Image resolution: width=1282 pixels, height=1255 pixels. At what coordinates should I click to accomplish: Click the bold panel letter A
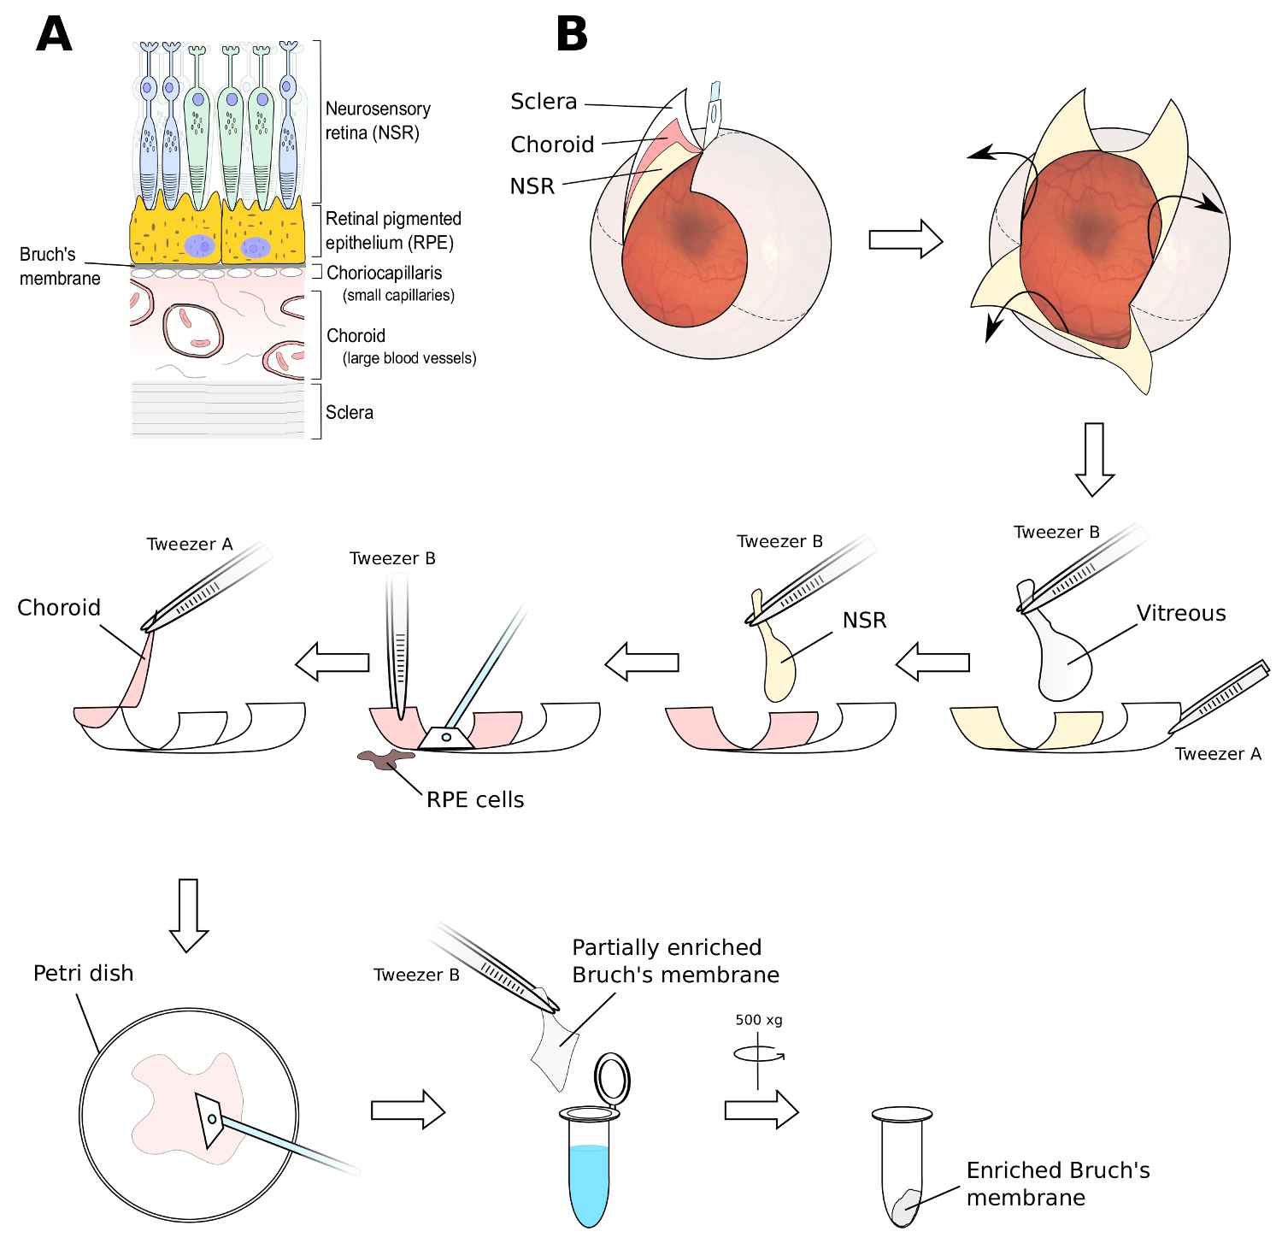click(54, 35)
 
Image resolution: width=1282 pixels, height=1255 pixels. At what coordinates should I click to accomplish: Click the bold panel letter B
click(572, 35)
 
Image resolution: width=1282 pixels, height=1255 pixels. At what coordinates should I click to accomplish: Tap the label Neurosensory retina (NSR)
click(377, 121)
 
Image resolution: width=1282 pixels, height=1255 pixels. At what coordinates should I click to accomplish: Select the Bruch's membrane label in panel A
click(59, 266)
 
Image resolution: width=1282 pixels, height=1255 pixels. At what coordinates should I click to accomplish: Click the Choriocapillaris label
click(384, 273)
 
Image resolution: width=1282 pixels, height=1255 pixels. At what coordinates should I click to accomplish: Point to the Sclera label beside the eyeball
click(544, 102)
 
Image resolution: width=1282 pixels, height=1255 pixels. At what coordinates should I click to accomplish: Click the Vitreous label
click(1180, 613)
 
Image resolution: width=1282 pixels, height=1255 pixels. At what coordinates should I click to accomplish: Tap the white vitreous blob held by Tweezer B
click(1063, 663)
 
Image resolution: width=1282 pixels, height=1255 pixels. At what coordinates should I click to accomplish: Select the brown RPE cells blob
click(385, 758)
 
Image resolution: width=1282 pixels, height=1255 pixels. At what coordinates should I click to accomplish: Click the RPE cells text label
click(475, 799)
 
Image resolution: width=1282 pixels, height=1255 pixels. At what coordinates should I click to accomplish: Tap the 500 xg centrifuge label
click(758, 1020)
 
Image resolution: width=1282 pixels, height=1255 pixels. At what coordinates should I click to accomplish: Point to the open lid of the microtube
click(612, 1078)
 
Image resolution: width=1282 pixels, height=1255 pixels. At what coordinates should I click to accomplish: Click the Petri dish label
click(83, 973)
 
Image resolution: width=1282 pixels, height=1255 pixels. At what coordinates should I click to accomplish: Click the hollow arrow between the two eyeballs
click(905, 239)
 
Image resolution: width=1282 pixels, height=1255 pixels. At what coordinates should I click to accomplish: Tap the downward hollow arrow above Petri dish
click(189, 915)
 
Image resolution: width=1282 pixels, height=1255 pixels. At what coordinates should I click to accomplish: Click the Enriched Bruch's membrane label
click(1057, 1183)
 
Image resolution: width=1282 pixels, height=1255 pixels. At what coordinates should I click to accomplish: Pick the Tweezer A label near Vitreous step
click(1217, 753)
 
